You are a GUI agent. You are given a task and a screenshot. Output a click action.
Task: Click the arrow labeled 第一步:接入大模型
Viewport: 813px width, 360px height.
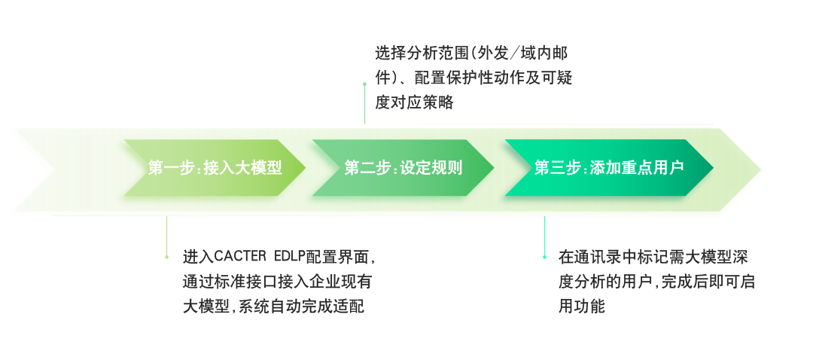tap(215, 168)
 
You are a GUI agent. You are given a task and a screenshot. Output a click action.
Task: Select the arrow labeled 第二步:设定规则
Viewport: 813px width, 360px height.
tap(403, 168)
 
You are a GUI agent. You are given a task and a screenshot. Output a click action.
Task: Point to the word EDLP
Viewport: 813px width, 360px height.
tap(290, 256)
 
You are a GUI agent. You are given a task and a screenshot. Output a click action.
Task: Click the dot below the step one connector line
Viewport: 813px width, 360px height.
tap(166, 257)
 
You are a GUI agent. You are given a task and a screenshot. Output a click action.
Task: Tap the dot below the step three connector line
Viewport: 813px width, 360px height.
tap(544, 257)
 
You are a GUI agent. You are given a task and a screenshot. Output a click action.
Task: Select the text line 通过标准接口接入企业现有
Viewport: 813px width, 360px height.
tap(277, 282)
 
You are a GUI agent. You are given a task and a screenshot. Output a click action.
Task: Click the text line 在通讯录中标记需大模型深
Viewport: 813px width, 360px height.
tap(653, 257)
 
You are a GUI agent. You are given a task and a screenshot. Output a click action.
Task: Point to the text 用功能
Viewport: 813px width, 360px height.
tap(581, 307)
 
